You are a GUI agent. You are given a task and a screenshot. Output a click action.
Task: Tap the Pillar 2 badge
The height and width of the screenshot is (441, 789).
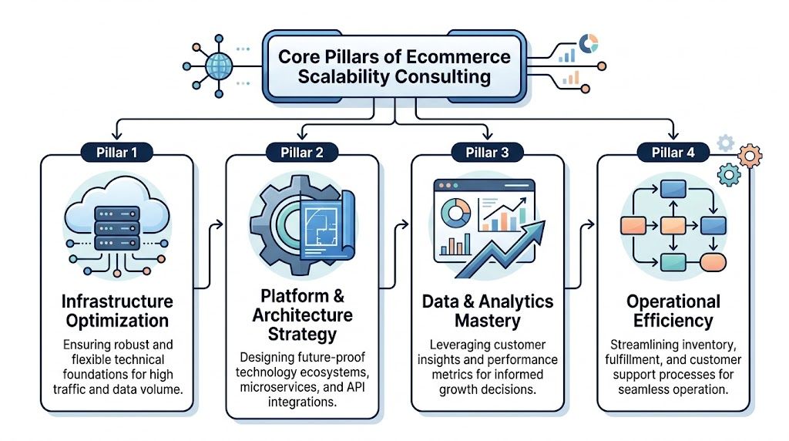click(301, 152)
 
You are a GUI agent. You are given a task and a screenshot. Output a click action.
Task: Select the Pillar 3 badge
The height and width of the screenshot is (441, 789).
click(487, 152)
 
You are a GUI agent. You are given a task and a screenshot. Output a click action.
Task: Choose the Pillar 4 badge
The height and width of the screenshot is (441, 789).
click(673, 152)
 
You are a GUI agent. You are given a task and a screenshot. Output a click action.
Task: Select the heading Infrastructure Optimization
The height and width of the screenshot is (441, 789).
click(118, 311)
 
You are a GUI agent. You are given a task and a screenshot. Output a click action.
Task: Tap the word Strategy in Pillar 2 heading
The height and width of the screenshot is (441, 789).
click(301, 334)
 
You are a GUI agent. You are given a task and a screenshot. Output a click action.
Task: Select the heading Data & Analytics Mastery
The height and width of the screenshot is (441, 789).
click(487, 311)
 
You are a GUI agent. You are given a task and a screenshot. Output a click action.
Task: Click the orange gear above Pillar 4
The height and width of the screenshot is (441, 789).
click(749, 157)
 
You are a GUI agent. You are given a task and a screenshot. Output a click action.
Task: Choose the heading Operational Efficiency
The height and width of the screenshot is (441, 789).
click(673, 311)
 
